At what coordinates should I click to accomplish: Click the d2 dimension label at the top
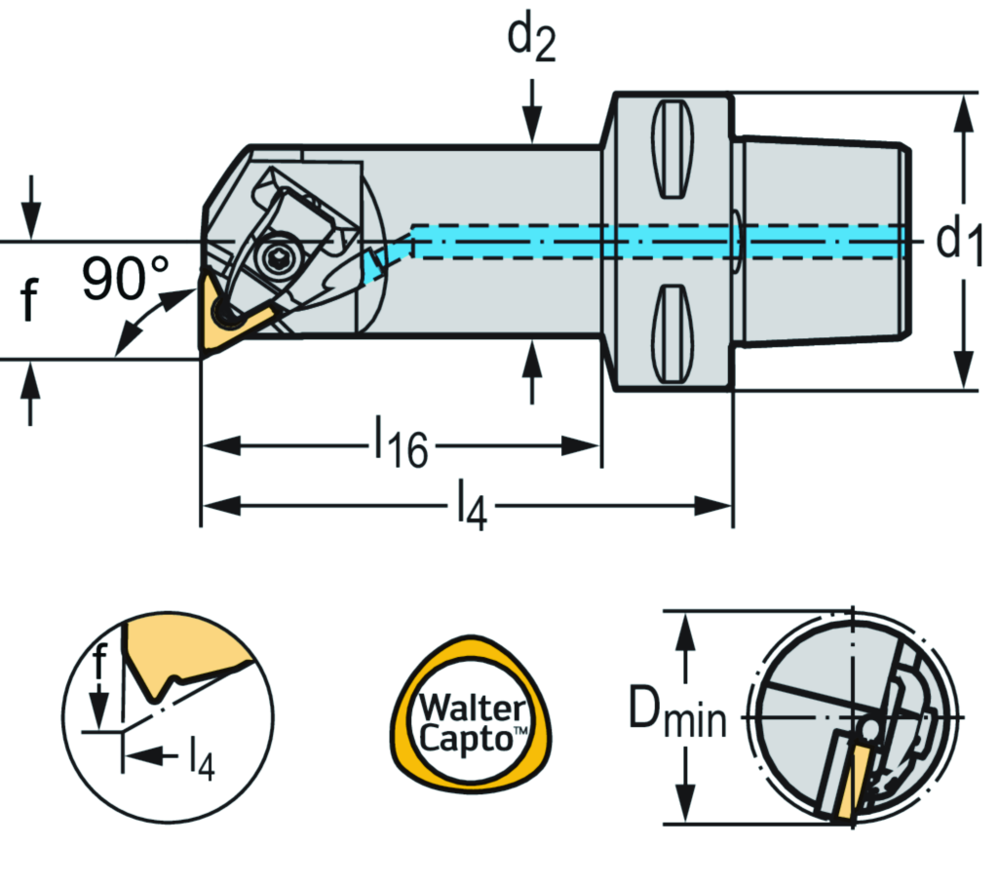coord(531,42)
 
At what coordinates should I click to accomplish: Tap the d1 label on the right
coord(960,241)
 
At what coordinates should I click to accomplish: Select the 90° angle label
coord(125,281)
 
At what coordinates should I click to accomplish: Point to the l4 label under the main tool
coord(470,508)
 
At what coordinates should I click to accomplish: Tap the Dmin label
coord(674,717)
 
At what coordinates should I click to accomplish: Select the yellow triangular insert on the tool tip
coord(229,315)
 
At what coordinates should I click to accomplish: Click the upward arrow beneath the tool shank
coord(532,370)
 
